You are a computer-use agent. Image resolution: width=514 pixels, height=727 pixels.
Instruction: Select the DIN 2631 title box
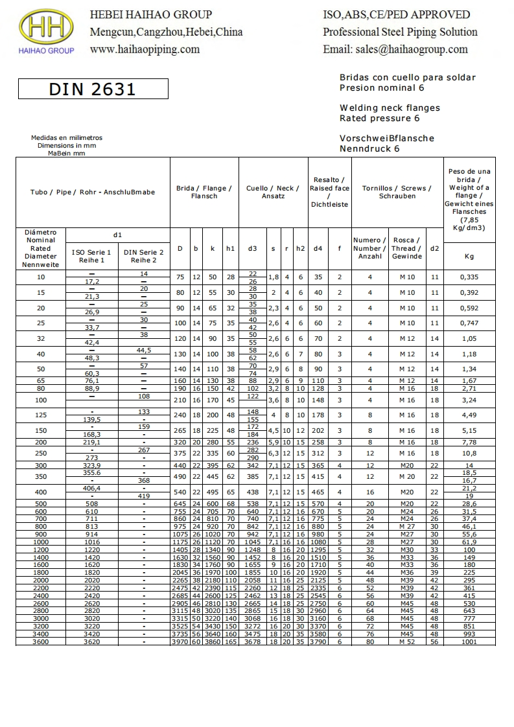pyautogui.click(x=93, y=89)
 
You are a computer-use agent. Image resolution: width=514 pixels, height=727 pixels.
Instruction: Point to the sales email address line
pyautogui.click(x=395, y=49)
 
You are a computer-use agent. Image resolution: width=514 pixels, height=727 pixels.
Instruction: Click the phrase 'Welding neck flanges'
pyautogui.click(x=390, y=108)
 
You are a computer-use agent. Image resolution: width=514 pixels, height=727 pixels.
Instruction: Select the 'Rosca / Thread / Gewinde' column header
pyautogui.click(x=406, y=248)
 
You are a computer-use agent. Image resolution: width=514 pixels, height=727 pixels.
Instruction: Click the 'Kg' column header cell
pyautogui.click(x=469, y=256)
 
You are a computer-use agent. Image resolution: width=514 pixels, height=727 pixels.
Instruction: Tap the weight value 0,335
pyautogui.click(x=469, y=277)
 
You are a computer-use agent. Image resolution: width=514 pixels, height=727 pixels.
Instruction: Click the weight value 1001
pyautogui.click(x=469, y=641)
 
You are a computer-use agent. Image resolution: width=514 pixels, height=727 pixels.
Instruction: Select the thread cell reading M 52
pyautogui.click(x=406, y=641)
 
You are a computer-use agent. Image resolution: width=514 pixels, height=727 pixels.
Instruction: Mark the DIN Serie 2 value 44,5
pyautogui.click(x=144, y=350)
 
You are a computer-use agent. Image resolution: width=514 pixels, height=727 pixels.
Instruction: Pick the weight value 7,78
pyautogui.click(x=469, y=443)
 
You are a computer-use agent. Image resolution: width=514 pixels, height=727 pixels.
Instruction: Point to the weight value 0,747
pyautogui.click(x=469, y=323)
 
